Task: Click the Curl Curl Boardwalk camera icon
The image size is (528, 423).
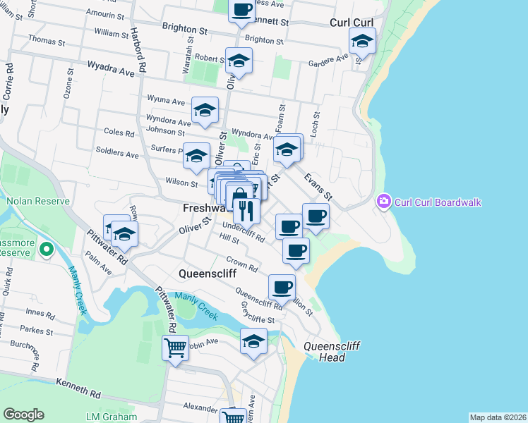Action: point(384,202)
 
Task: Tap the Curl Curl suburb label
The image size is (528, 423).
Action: point(351,23)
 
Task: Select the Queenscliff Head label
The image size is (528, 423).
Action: point(325,352)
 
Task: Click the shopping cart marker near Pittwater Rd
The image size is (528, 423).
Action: point(175,347)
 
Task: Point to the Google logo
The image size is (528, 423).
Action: point(23,415)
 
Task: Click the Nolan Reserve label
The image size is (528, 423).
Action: point(30,201)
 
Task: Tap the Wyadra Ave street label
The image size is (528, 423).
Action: point(111,71)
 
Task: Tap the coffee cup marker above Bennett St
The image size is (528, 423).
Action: point(242,10)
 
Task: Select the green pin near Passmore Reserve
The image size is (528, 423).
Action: point(47,249)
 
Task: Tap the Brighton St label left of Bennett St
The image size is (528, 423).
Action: point(186,32)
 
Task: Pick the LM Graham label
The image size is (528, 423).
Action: point(107,417)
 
